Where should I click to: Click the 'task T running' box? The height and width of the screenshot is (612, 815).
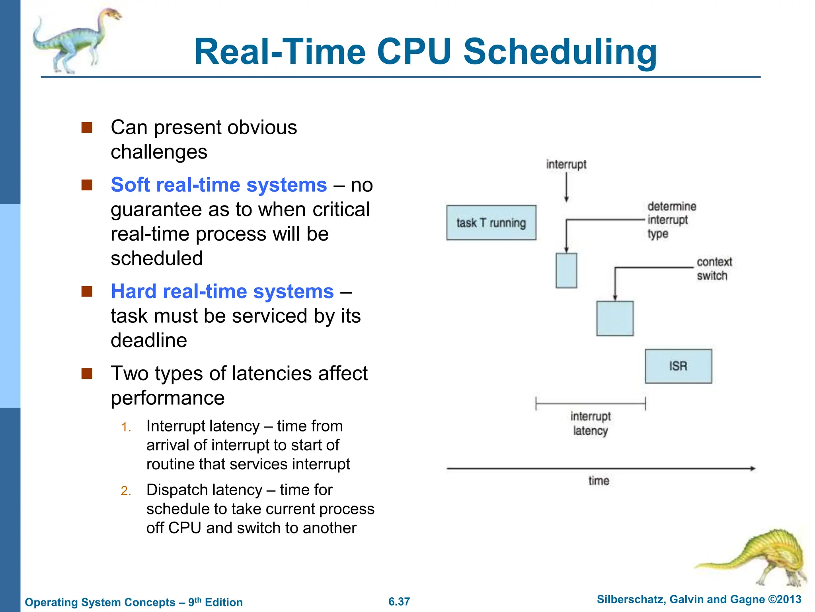[x=491, y=223]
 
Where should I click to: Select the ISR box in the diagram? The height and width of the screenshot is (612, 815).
[x=678, y=366]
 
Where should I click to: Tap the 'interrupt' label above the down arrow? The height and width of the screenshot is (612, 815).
[x=566, y=164]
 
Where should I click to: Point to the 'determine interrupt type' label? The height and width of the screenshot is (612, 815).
[x=671, y=220]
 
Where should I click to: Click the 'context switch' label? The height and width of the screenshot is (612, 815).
[x=714, y=269]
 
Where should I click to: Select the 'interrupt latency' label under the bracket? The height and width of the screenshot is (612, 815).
[x=590, y=424]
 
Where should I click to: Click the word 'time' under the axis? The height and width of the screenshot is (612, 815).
[x=599, y=481]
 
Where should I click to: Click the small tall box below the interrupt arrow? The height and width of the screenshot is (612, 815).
[x=566, y=271]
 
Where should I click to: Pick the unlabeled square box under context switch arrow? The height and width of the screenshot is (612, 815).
[x=615, y=318]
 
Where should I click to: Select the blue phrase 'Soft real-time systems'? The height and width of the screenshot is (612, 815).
[x=219, y=185]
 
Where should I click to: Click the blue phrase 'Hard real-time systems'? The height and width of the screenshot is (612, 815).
[x=222, y=291]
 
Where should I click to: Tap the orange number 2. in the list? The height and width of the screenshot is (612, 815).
[x=126, y=490]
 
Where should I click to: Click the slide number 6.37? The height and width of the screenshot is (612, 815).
[x=399, y=601]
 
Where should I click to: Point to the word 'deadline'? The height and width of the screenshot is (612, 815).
[x=149, y=340]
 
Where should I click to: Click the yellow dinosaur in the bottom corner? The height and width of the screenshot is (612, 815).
[x=756, y=558]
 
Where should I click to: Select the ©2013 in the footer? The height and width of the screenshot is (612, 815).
[x=784, y=600]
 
